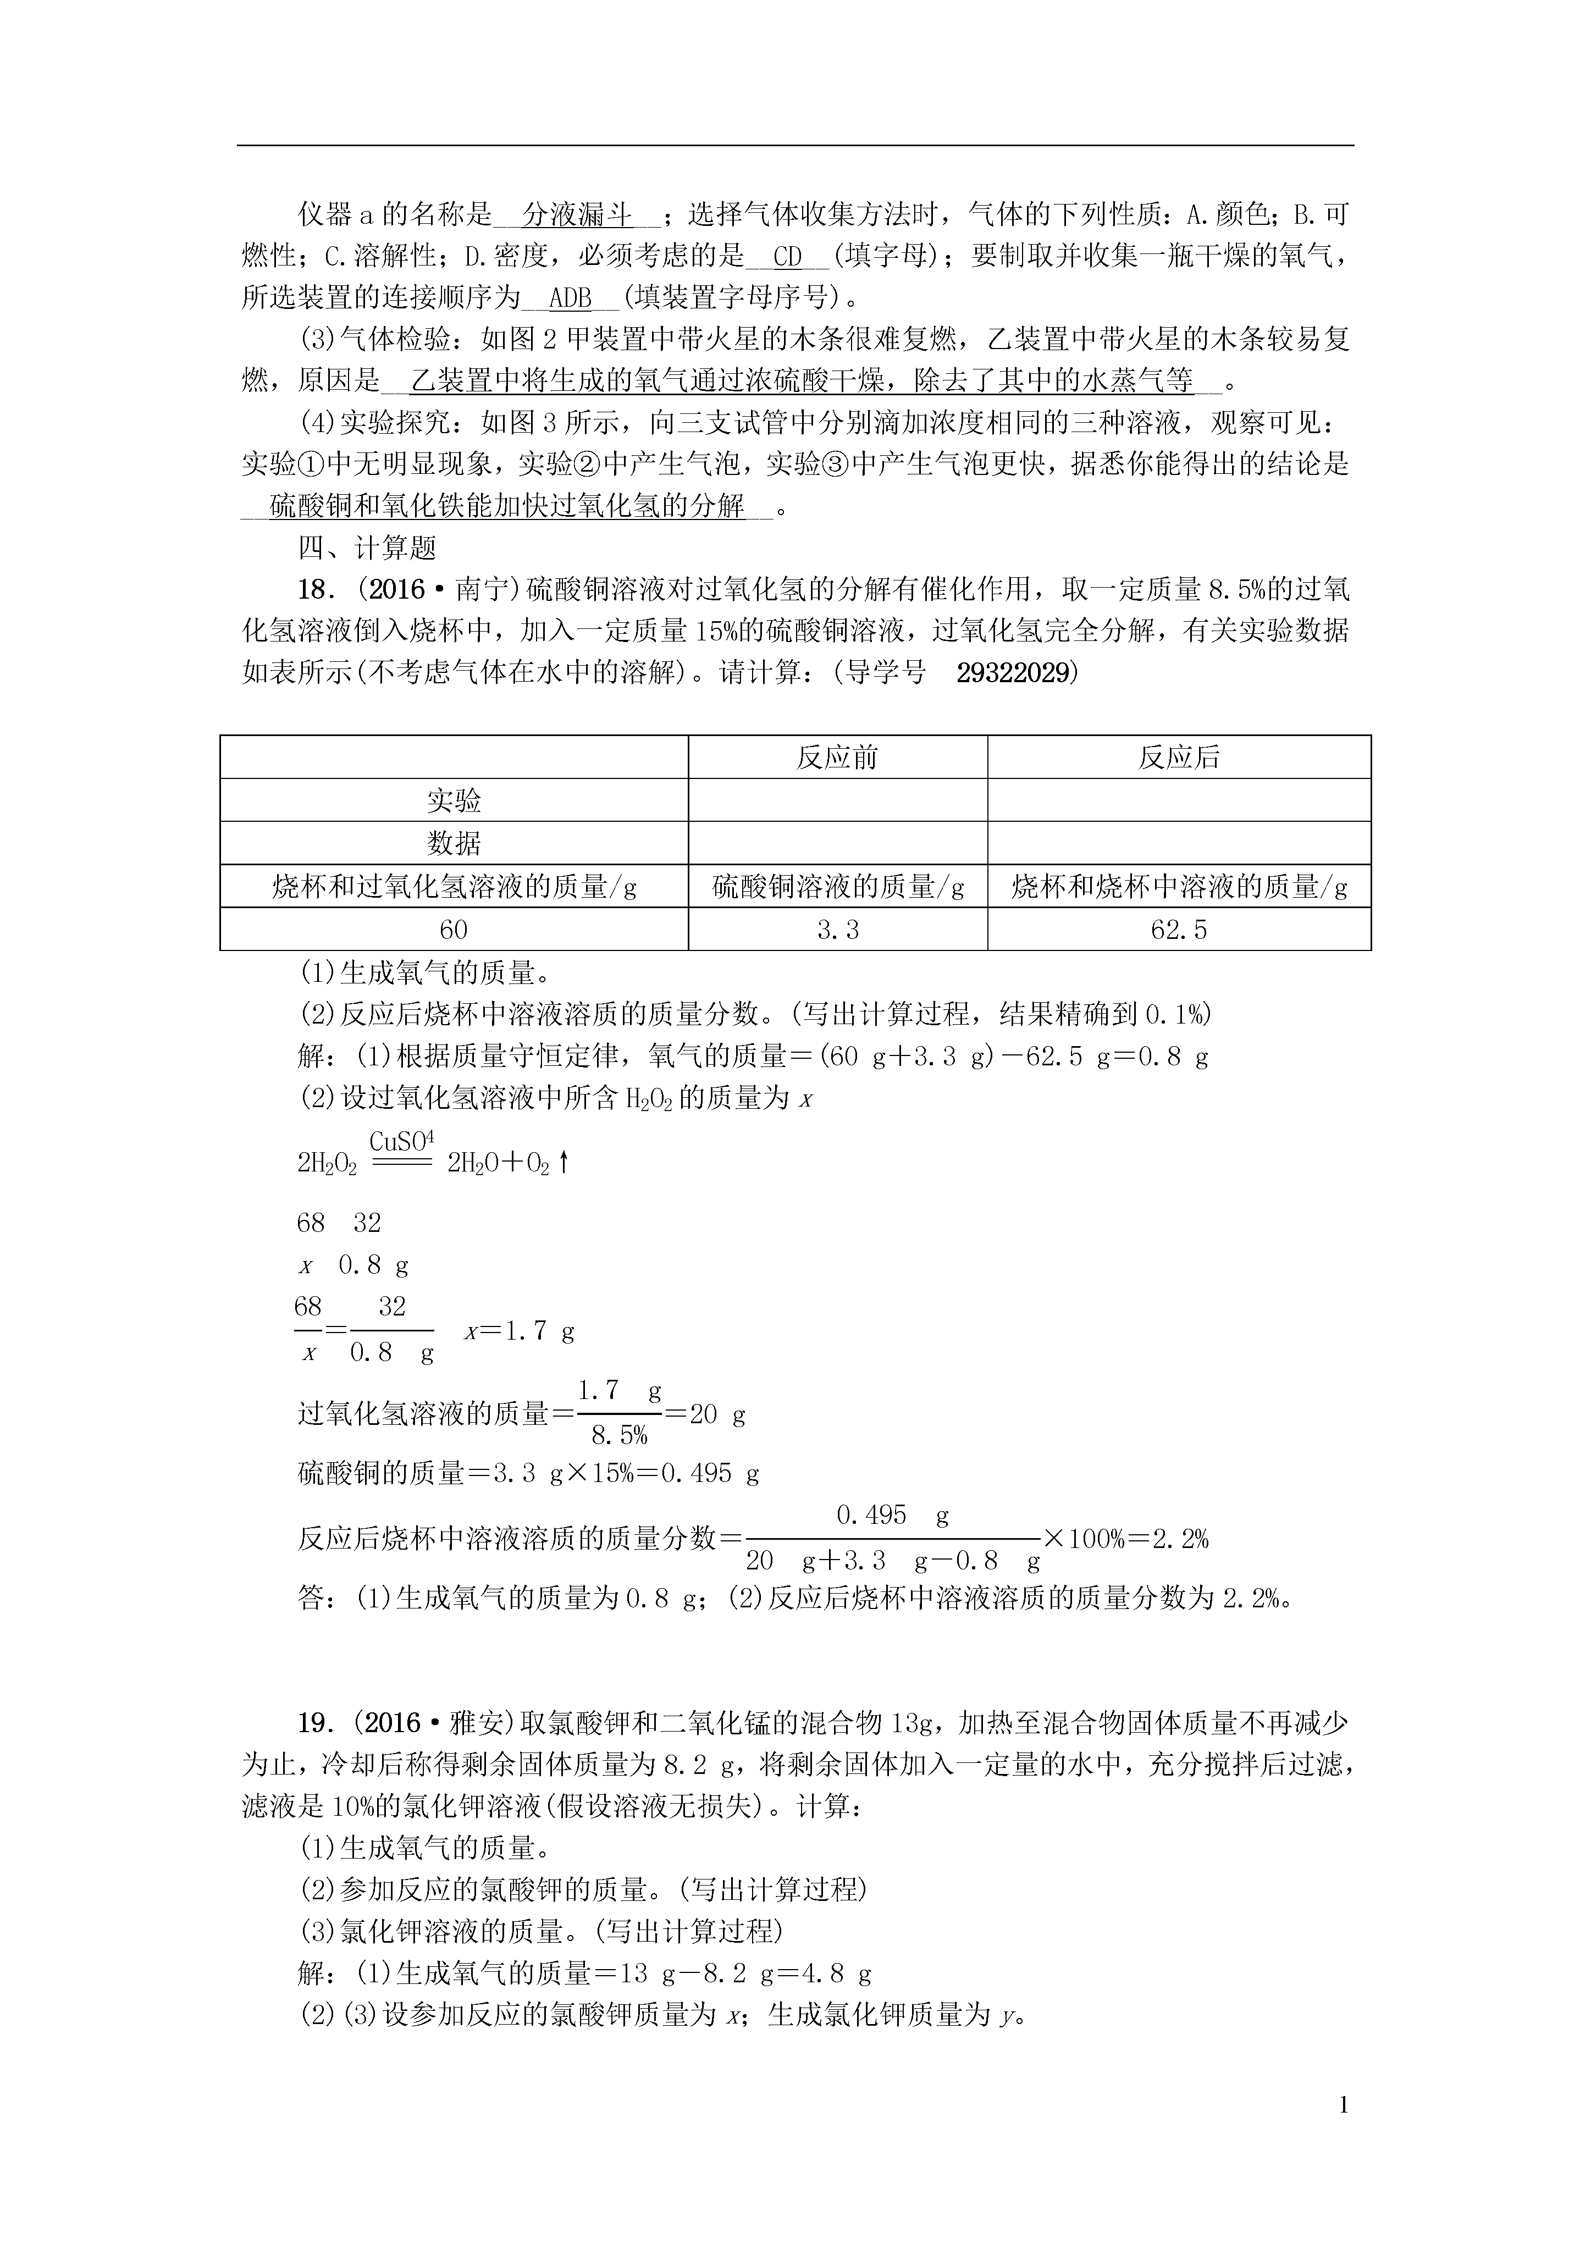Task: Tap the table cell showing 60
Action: click(x=454, y=929)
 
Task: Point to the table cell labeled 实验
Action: click(x=454, y=800)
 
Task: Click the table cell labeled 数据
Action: click(x=454, y=843)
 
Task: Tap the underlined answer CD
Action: click(x=787, y=257)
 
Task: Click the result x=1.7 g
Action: click(x=520, y=1331)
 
